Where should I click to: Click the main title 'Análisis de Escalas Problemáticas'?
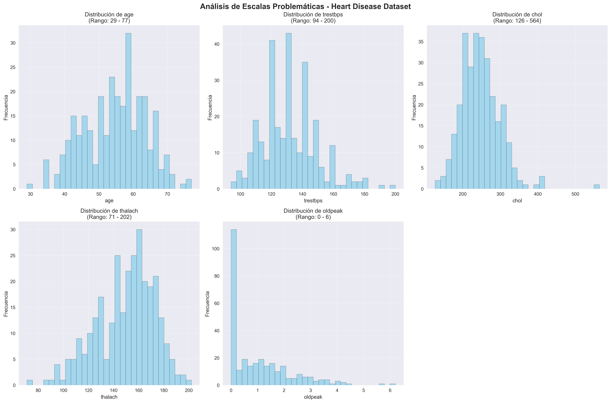pyautogui.click(x=305, y=6)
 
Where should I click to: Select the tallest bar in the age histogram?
pyautogui.click(x=128, y=111)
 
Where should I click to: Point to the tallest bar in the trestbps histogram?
pyautogui.click(x=288, y=111)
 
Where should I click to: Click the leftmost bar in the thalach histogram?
pyautogui.click(x=30, y=382)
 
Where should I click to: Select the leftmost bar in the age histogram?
pyautogui.click(x=30, y=186)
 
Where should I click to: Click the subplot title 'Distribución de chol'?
pyautogui.click(x=517, y=15)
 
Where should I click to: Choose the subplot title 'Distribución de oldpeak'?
pyautogui.click(x=313, y=211)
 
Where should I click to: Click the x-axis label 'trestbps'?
pyautogui.click(x=313, y=200)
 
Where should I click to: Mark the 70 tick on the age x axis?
pyautogui.click(x=167, y=194)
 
